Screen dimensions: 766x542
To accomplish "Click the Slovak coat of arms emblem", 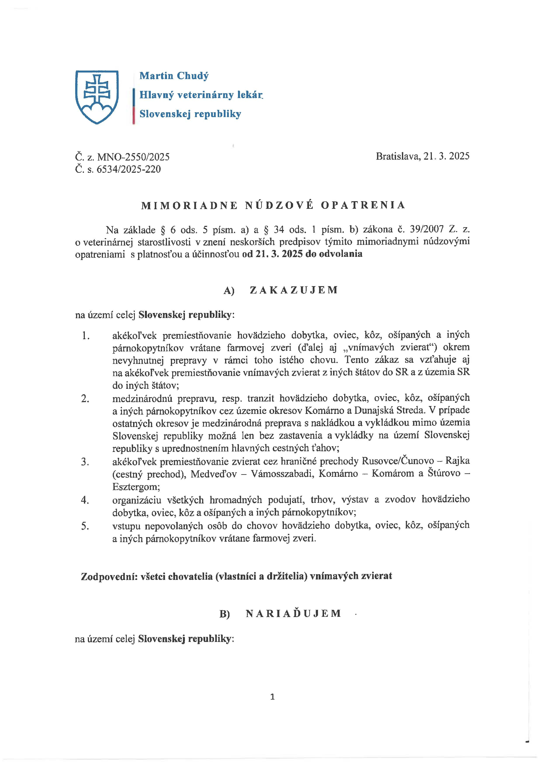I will pyautogui.click(x=97, y=97).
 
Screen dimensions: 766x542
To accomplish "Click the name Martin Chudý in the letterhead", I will pyautogui.click(x=174, y=76).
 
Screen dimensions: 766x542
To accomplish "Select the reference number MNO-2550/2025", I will pyautogui.click(x=133, y=157).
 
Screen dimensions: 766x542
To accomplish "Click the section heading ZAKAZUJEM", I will pyautogui.click(x=294, y=290).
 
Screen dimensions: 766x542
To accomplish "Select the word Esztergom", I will pyautogui.click(x=136, y=487).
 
